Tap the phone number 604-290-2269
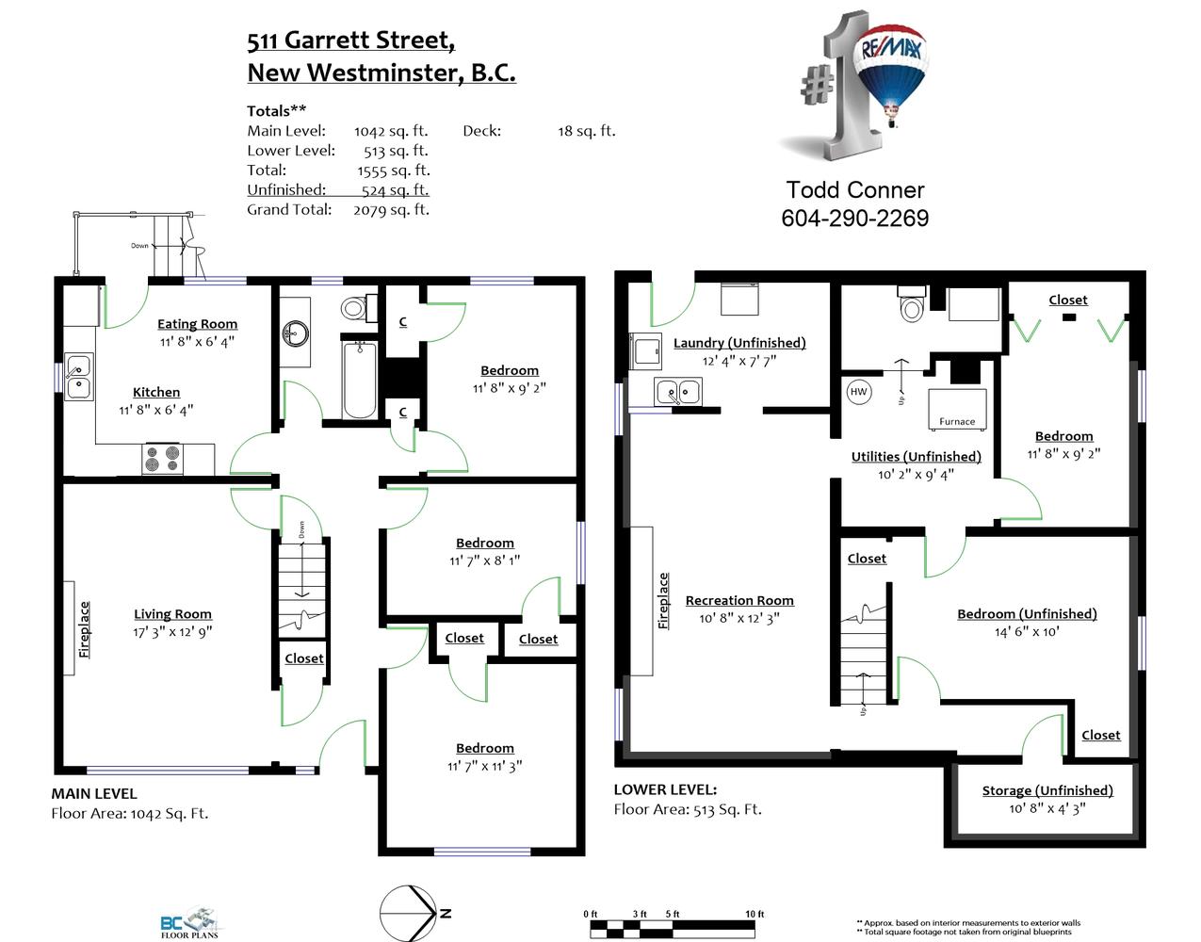point(854,219)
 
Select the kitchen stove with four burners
point(163,459)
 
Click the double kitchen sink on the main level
point(78,377)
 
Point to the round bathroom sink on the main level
point(296,333)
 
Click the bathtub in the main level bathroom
point(360,380)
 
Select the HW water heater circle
point(858,392)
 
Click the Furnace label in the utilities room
point(957,422)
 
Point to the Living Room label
point(172,614)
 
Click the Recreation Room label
point(739,601)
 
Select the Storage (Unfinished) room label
point(1047,790)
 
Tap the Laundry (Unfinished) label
point(739,343)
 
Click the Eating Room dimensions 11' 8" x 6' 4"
point(197,341)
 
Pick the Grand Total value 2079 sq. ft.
point(391,210)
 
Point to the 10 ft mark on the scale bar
point(755,914)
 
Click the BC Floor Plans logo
point(189,922)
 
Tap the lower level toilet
point(912,304)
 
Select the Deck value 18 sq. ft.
point(587,131)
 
